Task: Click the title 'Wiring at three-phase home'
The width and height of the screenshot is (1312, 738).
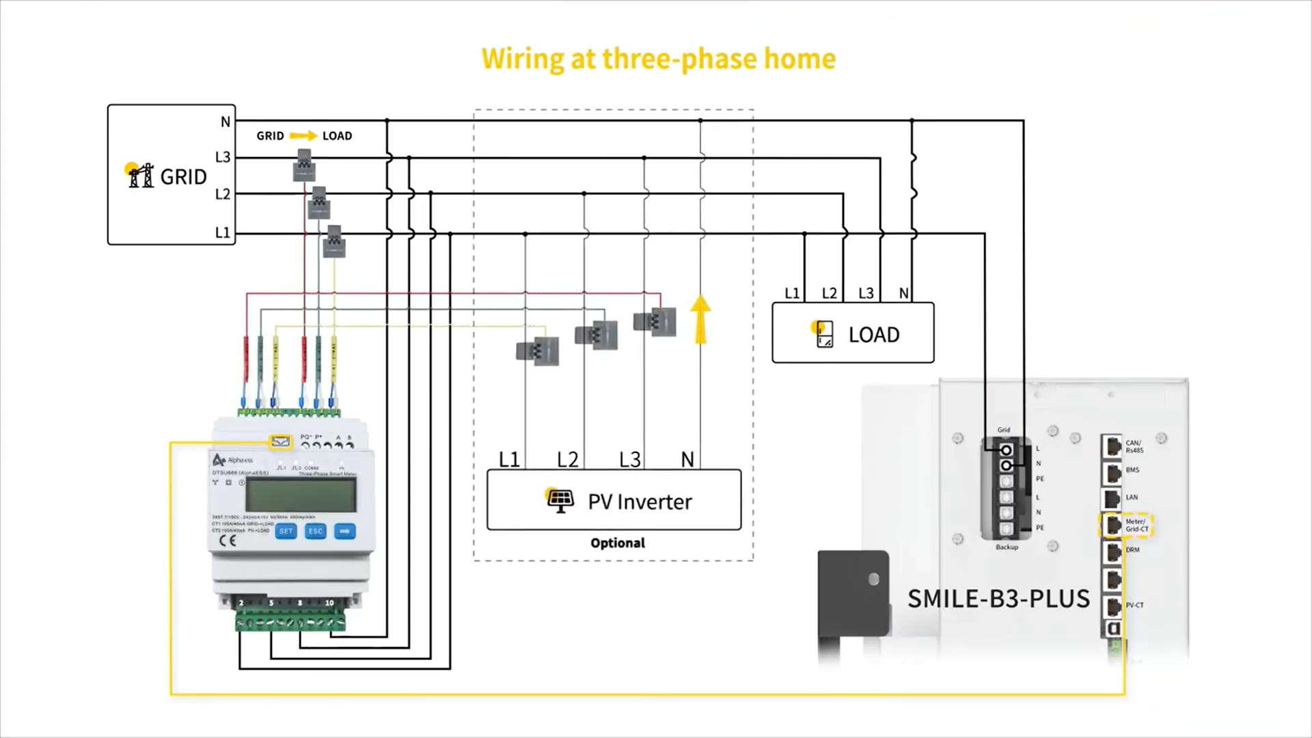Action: pos(658,59)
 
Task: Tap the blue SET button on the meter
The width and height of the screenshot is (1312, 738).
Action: pos(286,531)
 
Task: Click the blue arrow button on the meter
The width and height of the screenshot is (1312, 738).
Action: pos(345,531)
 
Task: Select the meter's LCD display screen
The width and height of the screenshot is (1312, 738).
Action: pos(301,494)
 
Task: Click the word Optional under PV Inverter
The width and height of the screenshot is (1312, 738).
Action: pos(618,543)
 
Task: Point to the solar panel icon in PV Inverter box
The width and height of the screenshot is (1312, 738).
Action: pos(560,500)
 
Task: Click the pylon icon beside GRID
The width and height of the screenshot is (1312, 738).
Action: pos(140,176)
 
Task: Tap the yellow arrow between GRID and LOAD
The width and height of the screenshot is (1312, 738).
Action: pos(303,136)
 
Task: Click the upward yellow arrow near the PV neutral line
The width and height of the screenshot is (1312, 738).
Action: pos(700,319)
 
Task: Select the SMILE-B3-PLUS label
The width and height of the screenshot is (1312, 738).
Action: pos(998,599)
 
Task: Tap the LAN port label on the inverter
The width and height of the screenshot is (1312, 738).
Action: pos(1132,497)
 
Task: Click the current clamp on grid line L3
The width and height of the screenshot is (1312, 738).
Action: pos(304,166)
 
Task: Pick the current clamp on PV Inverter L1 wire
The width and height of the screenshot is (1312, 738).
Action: pos(538,351)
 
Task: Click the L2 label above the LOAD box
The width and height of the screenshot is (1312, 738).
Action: pos(829,293)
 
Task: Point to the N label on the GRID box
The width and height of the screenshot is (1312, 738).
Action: pos(225,122)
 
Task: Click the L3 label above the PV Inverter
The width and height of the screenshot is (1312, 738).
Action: pos(629,460)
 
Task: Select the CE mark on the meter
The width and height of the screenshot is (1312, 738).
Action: pos(228,541)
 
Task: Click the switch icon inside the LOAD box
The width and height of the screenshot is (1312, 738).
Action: pos(824,334)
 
